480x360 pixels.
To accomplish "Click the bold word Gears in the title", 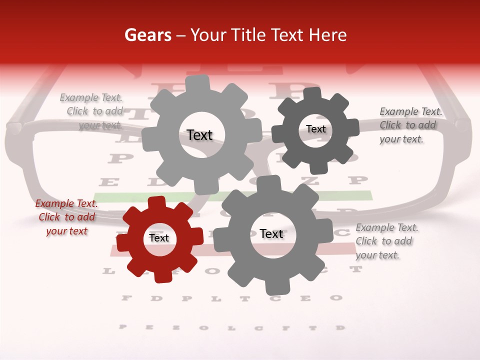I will (147, 35).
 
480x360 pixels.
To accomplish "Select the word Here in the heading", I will (328, 35).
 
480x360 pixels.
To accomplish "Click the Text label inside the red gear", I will (159, 238).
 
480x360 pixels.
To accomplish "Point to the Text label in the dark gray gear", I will (316, 129).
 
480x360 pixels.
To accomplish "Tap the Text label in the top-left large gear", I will (199, 135).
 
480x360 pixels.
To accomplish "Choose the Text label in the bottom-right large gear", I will (271, 233).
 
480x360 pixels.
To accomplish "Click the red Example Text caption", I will (66, 217).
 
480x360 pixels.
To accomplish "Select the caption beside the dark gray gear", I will (410, 125).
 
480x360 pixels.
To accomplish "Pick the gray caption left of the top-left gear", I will (92, 111).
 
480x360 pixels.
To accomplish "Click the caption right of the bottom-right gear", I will (386, 241).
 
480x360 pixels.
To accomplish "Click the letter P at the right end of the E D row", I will (357, 180).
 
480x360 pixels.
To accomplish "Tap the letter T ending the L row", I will (356, 269).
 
